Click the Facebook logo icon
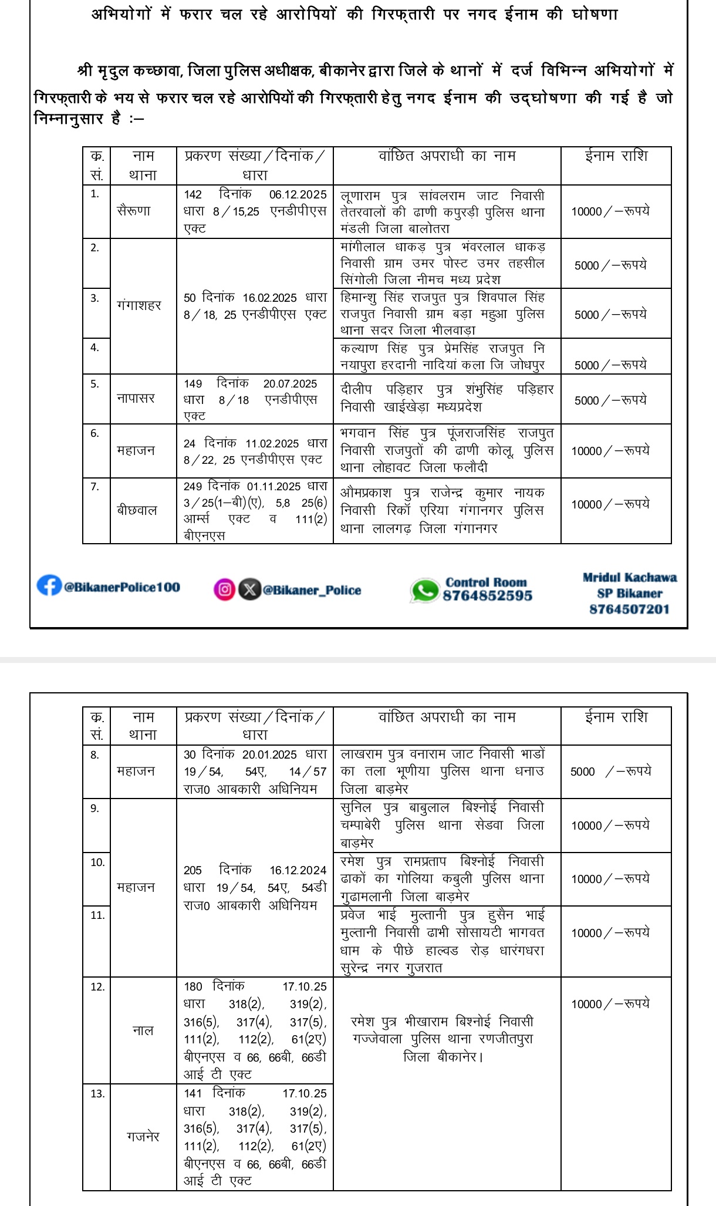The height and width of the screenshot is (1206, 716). pyautogui.click(x=49, y=585)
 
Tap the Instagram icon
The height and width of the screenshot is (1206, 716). pyautogui.click(x=224, y=589)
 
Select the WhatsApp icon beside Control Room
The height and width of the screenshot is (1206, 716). pyautogui.click(x=424, y=590)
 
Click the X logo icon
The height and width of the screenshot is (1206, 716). pyautogui.click(x=249, y=589)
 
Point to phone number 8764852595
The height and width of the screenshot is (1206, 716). pyautogui.click(x=487, y=596)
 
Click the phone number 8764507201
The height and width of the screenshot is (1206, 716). pyautogui.click(x=629, y=609)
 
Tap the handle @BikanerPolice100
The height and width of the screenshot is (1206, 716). pyautogui.click(x=122, y=587)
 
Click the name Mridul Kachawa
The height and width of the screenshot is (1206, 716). pyautogui.click(x=629, y=578)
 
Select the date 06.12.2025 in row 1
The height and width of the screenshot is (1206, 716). pyautogui.click(x=298, y=195)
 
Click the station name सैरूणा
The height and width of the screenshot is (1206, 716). pyautogui.click(x=134, y=211)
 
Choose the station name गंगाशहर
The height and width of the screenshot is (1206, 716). pyautogui.click(x=139, y=305)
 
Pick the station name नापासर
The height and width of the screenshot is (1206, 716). pyautogui.click(x=136, y=398)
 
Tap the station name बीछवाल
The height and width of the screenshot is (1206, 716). pyautogui.click(x=137, y=510)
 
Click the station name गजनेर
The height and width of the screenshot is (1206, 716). pyautogui.click(x=143, y=1137)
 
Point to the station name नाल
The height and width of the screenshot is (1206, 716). pyautogui.click(x=143, y=1030)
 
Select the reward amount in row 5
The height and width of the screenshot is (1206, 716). pyautogui.click(x=610, y=400)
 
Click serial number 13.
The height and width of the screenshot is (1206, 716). pyautogui.click(x=97, y=1094)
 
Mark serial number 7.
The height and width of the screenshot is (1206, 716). pyautogui.click(x=94, y=487)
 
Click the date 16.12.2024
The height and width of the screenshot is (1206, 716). pyautogui.click(x=298, y=870)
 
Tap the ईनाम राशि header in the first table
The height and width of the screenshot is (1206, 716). pyautogui.click(x=616, y=156)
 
